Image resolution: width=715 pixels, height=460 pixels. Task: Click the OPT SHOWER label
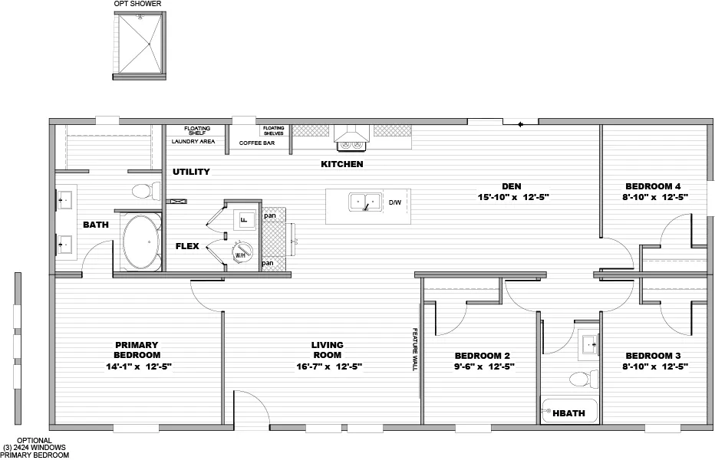click(138, 4)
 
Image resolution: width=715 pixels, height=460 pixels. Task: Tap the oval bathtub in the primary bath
click(139, 242)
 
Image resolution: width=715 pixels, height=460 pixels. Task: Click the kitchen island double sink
click(365, 202)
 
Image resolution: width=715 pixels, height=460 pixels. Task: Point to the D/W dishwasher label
click(395, 203)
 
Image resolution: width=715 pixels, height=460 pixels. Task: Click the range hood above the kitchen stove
click(352, 139)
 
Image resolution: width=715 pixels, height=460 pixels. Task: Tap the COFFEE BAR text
click(256, 143)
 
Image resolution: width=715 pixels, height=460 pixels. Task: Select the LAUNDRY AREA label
click(193, 142)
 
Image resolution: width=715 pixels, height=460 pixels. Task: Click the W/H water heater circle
click(240, 254)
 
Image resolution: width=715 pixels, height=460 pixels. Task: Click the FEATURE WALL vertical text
click(414, 350)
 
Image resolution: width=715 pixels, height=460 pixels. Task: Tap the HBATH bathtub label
click(570, 413)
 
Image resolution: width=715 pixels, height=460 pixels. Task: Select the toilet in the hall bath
click(584, 378)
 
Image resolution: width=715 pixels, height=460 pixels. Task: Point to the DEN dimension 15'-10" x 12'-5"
click(513, 198)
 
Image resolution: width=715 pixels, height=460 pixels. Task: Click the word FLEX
click(187, 247)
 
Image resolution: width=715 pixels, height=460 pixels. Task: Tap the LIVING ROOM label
click(327, 350)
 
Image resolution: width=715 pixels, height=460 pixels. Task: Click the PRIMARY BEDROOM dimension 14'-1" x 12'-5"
click(137, 366)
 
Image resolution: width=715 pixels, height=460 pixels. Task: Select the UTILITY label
click(191, 172)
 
